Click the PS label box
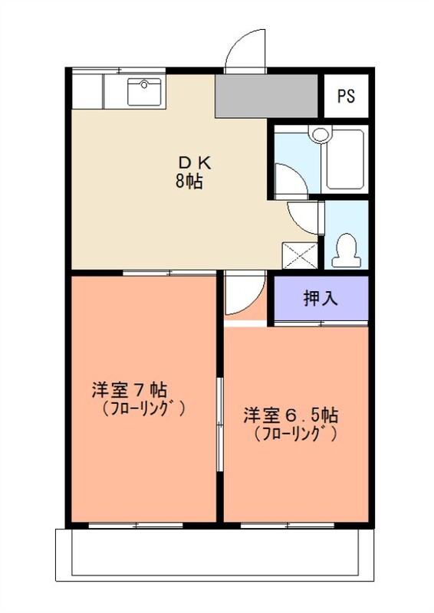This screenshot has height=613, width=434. tap(347, 97)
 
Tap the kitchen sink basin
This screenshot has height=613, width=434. tap(143, 93)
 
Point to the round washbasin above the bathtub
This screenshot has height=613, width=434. tap(320, 134)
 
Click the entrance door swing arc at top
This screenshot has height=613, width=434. tap(245, 51)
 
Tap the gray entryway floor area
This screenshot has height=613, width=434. tap(266, 96)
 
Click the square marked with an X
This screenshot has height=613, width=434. tap(300, 254)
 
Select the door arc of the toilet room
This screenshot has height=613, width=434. tap(304, 217)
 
